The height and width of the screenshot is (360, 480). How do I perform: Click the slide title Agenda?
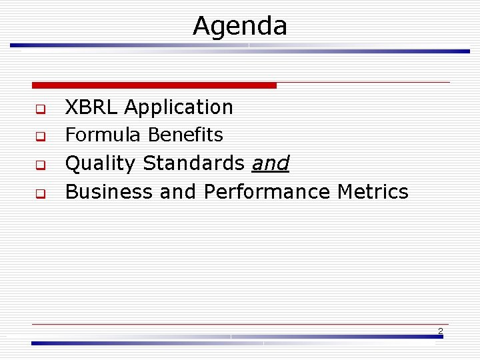pos(240,26)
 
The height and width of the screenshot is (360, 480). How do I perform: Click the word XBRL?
pos(92,107)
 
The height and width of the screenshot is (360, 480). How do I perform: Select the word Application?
pos(179,107)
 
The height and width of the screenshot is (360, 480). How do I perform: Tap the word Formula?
pos(103,135)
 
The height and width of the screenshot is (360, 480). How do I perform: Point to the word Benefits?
pos(185,135)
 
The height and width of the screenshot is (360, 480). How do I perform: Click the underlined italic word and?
pos(270,163)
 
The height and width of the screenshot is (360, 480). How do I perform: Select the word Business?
pos(110,192)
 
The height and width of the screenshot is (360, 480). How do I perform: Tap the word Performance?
pos(267,192)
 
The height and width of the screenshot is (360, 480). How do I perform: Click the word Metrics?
pos(373,192)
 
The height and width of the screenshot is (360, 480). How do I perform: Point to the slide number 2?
pos(440,331)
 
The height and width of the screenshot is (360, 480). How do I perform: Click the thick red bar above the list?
pos(154,85)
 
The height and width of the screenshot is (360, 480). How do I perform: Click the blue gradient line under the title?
pos(240,47)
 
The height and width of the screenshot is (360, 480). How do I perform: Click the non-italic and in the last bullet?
pos(178,192)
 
